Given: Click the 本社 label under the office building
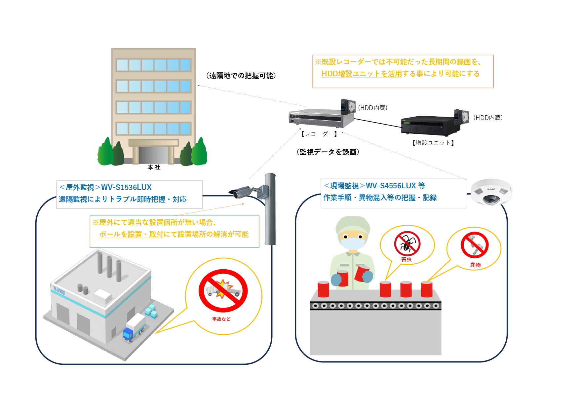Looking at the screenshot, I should click(154, 168).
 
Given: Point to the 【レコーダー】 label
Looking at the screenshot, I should click(319, 134).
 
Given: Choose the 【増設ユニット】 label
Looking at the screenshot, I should click(433, 143).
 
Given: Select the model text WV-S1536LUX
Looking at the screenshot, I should click(126, 187).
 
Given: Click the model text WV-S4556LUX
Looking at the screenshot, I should click(391, 186).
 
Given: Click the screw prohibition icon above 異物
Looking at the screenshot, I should click(475, 245).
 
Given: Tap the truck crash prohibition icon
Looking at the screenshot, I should click(223, 290).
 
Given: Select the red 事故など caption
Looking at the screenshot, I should click(221, 319).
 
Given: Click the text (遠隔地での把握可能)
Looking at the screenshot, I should click(241, 76).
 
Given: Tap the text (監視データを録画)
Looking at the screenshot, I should click(328, 152).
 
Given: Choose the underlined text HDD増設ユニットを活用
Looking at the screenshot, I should click(362, 74).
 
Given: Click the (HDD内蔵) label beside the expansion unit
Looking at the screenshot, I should click(488, 118).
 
